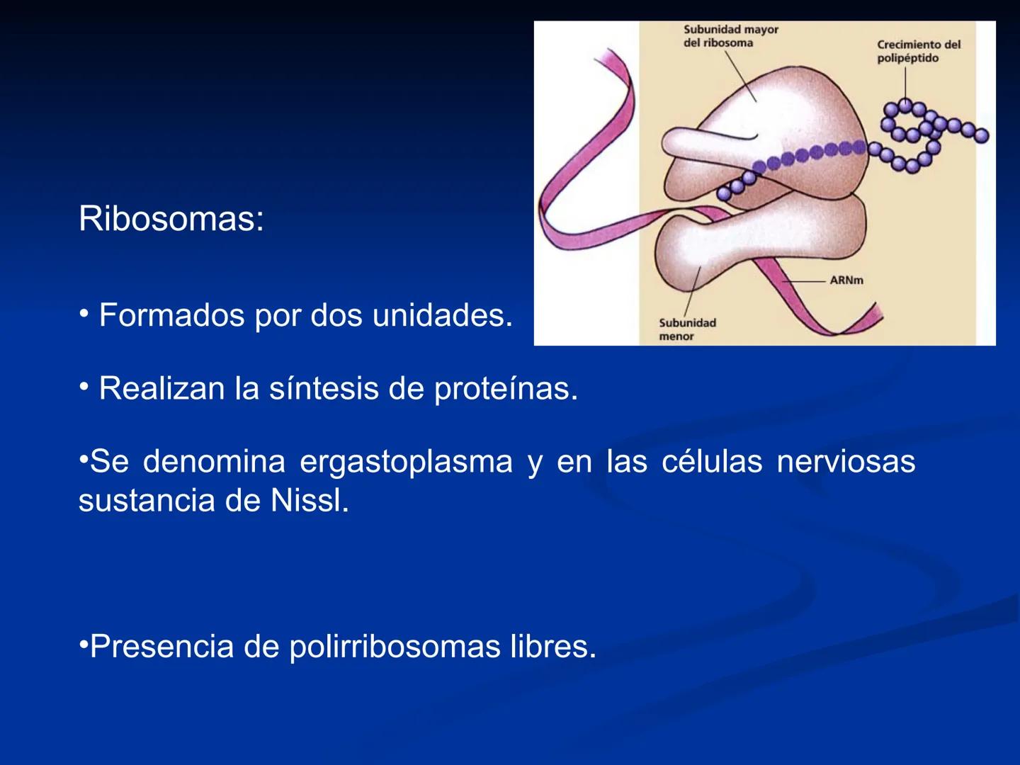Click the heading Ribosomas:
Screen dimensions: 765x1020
[171, 219]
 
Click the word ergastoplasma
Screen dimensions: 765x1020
[406, 462]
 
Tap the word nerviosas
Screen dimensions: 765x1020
[846, 462]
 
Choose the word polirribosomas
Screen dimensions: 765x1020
[395, 647]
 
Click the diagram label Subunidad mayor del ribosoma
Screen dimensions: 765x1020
[730, 36]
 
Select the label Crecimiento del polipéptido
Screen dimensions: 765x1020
[918, 51]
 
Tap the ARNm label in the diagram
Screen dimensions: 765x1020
[846, 280]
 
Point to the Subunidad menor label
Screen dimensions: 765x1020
[687, 329]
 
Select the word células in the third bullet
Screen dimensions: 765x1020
[712, 462]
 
